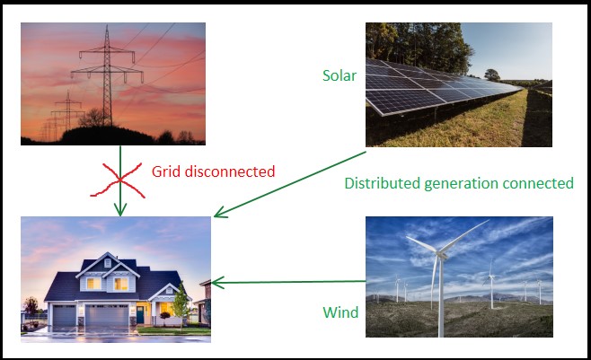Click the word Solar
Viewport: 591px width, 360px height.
pyautogui.click(x=340, y=75)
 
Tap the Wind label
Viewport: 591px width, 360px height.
pyautogui.click(x=340, y=312)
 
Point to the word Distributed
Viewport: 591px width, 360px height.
pyautogui.click(x=383, y=183)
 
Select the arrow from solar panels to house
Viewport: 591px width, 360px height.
pyautogui.click(x=290, y=184)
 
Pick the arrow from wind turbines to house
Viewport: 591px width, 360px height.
pyautogui.click(x=288, y=282)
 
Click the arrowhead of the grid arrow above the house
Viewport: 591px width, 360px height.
pyautogui.click(x=120, y=210)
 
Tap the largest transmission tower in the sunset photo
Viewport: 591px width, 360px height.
pyautogui.click(x=107, y=75)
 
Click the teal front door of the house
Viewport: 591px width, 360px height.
pyautogui.click(x=140, y=315)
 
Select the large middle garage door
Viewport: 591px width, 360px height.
pyautogui.click(x=107, y=315)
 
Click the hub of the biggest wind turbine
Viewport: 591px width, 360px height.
pyautogui.click(x=441, y=256)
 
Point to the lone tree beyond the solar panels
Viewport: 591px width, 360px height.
pyautogui.click(x=492, y=75)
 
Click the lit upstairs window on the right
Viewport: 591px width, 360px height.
pyautogui.click(x=121, y=284)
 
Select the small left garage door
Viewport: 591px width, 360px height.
pyautogui.click(x=64, y=316)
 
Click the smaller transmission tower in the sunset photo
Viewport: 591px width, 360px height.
pyautogui.click(x=68, y=110)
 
